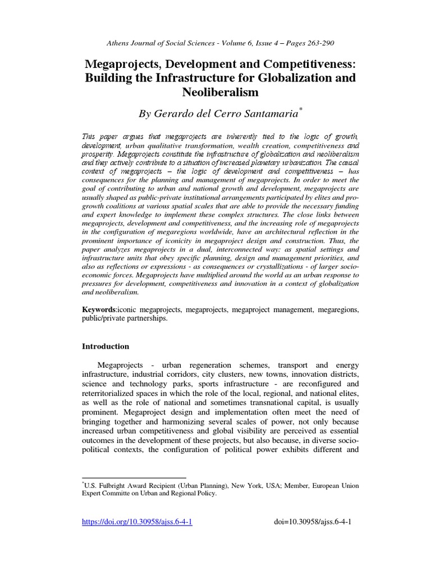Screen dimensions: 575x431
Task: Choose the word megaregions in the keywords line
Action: [x=335, y=309]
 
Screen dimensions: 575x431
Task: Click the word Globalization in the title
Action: [x=297, y=77]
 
